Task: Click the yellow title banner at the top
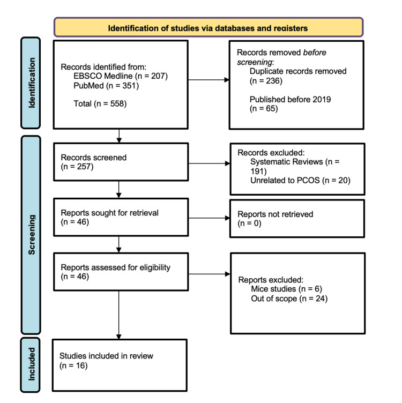click(x=209, y=27)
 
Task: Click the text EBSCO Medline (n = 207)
click(x=121, y=76)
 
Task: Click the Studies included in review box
click(x=120, y=364)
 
